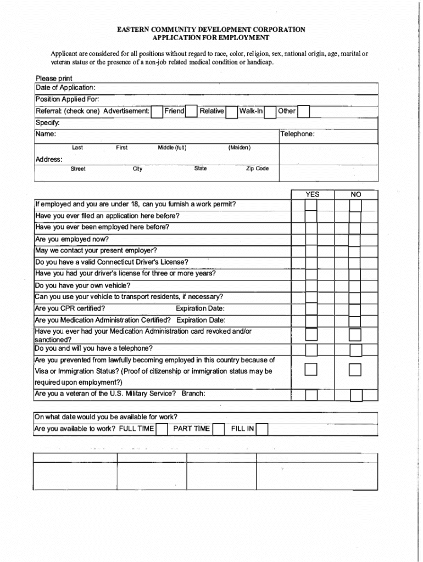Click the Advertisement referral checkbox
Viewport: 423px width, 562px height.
coord(157,112)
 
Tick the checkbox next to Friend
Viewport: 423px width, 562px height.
coord(191,112)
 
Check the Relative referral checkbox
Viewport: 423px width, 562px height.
coord(231,112)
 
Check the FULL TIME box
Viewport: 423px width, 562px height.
coord(162,429)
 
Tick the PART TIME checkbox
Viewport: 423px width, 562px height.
coord(218,429)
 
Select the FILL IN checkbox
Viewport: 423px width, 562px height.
coord(262,429)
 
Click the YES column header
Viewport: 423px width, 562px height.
coord(312,194)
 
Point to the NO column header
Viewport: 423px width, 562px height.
coord(356,194)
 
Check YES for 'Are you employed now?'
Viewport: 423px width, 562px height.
coord(311,241)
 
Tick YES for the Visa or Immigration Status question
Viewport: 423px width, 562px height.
coord(311,369)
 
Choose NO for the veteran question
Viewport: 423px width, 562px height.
coord(356,395)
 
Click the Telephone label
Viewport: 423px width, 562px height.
coord(298,134)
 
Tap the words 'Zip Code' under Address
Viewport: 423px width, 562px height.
coord(257,168)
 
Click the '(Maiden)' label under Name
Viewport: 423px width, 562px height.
coord(240,148)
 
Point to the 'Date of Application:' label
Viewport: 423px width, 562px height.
coord(65,88)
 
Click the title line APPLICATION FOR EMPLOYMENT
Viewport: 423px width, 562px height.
coord(211,38)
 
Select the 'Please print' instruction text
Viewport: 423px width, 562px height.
coord(54,78)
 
